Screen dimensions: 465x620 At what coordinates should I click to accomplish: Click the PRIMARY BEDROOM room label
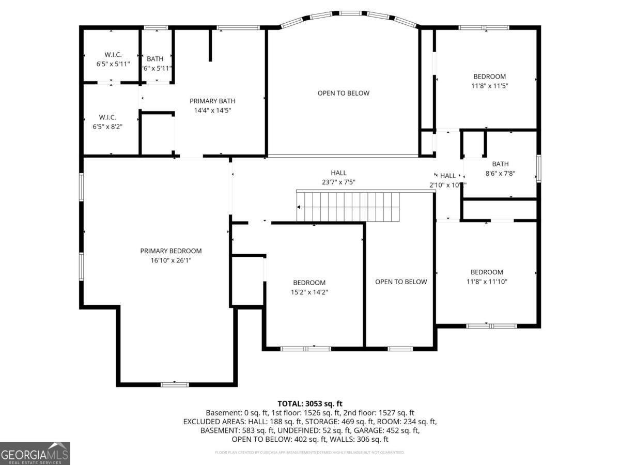[171, 251]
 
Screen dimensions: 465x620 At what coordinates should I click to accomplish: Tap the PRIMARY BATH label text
[212, 101]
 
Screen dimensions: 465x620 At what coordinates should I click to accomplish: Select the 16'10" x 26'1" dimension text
[171, 260]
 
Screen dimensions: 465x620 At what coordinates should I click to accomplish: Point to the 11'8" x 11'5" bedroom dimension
[486, 86]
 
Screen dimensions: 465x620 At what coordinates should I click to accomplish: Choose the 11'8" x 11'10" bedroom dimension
[487, 282]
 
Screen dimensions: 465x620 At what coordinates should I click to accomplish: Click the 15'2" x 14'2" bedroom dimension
[309, 292]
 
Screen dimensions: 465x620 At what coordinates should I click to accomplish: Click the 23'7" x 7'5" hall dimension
[338, 182]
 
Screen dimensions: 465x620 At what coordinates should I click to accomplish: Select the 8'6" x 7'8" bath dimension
[500, 174]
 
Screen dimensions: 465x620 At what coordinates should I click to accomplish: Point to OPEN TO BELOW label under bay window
[344, 94]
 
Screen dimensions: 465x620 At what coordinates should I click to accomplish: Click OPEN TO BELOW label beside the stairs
[401, 282]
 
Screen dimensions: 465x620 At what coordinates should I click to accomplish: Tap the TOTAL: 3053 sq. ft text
[310, 404]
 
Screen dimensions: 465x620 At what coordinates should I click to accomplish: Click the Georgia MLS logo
[35, 453]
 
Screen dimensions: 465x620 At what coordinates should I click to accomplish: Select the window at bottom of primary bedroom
[175, 384]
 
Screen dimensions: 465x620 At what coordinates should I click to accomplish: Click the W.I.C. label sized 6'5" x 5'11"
[113, 55]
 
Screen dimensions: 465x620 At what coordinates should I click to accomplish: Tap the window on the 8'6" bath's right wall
[538, 168]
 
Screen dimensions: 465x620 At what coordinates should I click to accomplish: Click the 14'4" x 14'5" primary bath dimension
[212, 111]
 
